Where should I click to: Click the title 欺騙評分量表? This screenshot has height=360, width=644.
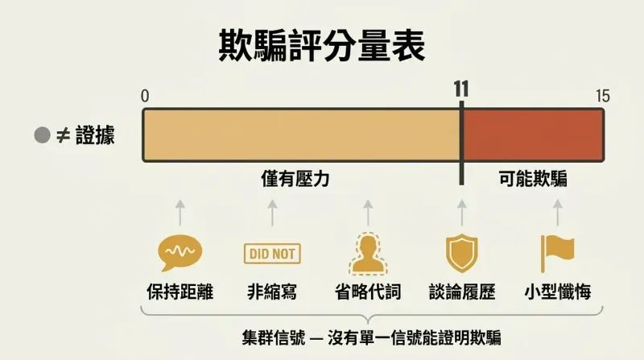point(321,46)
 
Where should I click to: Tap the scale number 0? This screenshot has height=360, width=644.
point(145,96)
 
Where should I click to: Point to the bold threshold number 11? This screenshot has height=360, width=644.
point(461,89)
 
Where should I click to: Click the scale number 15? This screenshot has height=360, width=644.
point(603,96)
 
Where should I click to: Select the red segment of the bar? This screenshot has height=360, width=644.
point(533,134)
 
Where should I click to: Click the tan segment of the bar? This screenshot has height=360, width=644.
point(301,134)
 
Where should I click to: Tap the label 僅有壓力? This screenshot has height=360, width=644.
point(295,179)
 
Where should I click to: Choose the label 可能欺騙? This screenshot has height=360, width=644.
point(533,179)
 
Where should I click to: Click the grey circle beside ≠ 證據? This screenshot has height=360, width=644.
point(43,135)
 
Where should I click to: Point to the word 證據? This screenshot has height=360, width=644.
point(95,135)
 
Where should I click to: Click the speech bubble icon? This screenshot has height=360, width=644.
point(180,253)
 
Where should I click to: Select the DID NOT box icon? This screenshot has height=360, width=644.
point(272,254)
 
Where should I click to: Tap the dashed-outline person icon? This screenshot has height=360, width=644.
point(368,254)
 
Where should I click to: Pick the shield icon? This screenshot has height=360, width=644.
point(462,253)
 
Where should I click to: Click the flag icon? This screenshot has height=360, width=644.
point(557,254)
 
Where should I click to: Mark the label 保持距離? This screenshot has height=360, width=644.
point(180,292)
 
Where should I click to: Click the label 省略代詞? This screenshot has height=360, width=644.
point(368,292)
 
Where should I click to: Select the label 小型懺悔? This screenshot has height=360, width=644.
point(558,292)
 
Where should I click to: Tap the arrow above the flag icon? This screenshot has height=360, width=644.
point(557,213)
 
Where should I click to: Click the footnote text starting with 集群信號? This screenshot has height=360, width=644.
point(371,337)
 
